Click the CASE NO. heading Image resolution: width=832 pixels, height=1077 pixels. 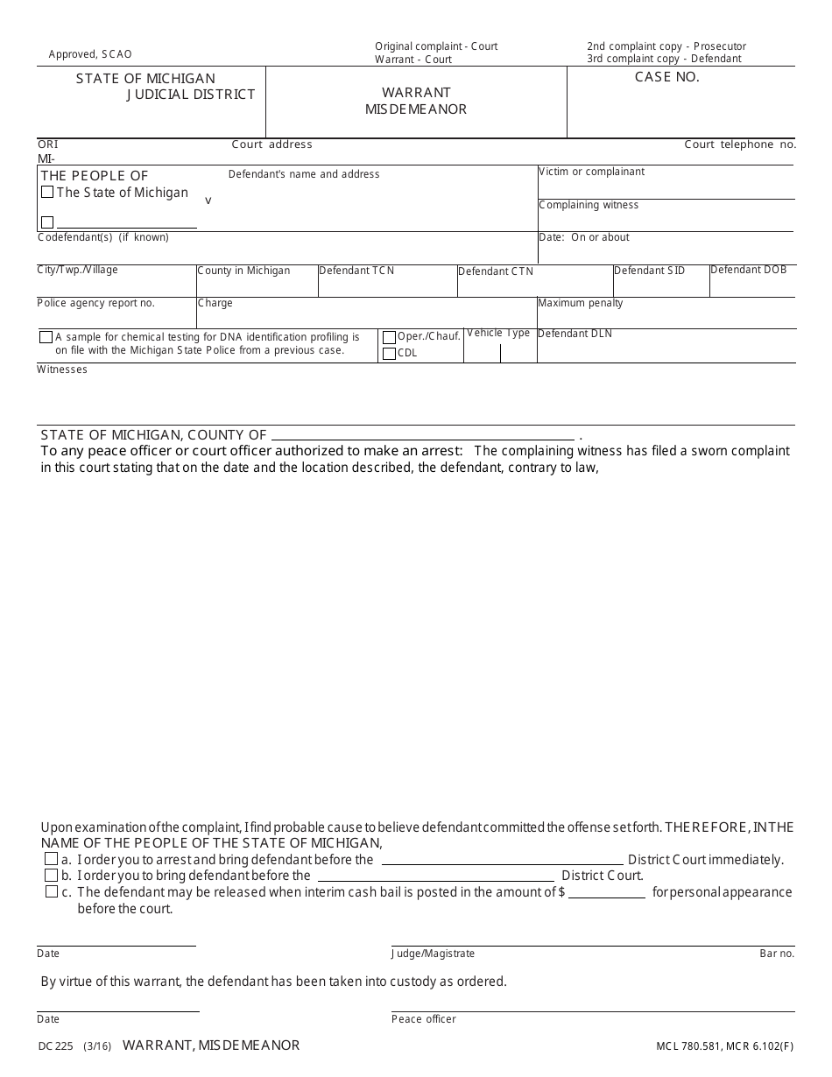pyautogui.click(x=666, y=77)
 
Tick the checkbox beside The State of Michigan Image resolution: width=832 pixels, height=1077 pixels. pyautogui.click(x=47, y=193)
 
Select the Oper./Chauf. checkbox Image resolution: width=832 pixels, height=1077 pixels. pyautogui.click(x=390, y=337)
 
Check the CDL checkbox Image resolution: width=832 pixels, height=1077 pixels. pyautogui.click(x=390, y=354)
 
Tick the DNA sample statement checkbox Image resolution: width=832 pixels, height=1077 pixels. pyautogui.click(x=46, y=337)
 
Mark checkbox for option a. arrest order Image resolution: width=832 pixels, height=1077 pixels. pyautogui.click(x=52, y=860)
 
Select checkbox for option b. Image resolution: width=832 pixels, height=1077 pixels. pyautogui.click(x=52, y=876)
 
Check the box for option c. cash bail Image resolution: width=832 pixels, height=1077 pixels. pyautogui.click(x=52, y=892)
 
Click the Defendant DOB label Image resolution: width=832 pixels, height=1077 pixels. pyautogui.click(x=748, y=270)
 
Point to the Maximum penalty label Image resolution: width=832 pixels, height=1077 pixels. pyautogui.click(x=581, y=303)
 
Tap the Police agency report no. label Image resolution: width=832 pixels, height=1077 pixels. pyautogui.click(x=95, y=303)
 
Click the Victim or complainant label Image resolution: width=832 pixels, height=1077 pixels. pyautogui.click(x=591, y=172)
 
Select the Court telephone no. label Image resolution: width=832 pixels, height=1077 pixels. pyautogui.click(x=740, y=144)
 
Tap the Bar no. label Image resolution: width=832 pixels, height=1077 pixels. pyautogui.click(x=777, y=954)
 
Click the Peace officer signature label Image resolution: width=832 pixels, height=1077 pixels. pyautogui.click(x=423, y=1019)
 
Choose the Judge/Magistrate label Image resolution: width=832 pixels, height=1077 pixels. pyautogui.click(x=433, y=954)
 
